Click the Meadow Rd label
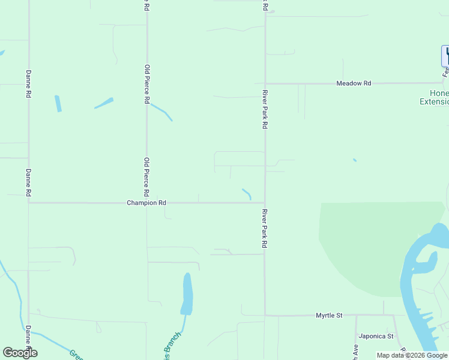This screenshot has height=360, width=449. click(354, 83)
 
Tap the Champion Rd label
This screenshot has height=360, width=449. click(146, 203)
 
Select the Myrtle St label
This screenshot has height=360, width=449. click(330, 315)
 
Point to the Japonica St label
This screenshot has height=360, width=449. click(376, 336)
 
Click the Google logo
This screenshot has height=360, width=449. click(20, 353)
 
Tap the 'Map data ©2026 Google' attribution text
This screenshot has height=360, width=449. click(412, 355)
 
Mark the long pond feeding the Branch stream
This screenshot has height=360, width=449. click(187, 294)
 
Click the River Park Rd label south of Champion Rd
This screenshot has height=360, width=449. click(264, 229)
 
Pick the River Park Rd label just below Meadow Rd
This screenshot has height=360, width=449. click(264, 109)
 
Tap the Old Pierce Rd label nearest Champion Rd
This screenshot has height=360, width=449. click(146, 177)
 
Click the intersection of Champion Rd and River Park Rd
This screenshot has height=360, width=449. click(265, 203)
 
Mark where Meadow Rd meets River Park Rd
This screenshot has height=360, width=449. click(265, 83)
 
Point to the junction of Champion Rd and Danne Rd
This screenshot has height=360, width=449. click(28, 203)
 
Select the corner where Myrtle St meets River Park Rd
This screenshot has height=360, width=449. click(265, 315)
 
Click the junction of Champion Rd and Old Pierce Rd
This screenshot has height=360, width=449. click(146, 203)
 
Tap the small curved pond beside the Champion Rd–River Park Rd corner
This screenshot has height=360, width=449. click(247, 194)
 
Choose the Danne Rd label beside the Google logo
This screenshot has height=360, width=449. click(29, 340)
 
